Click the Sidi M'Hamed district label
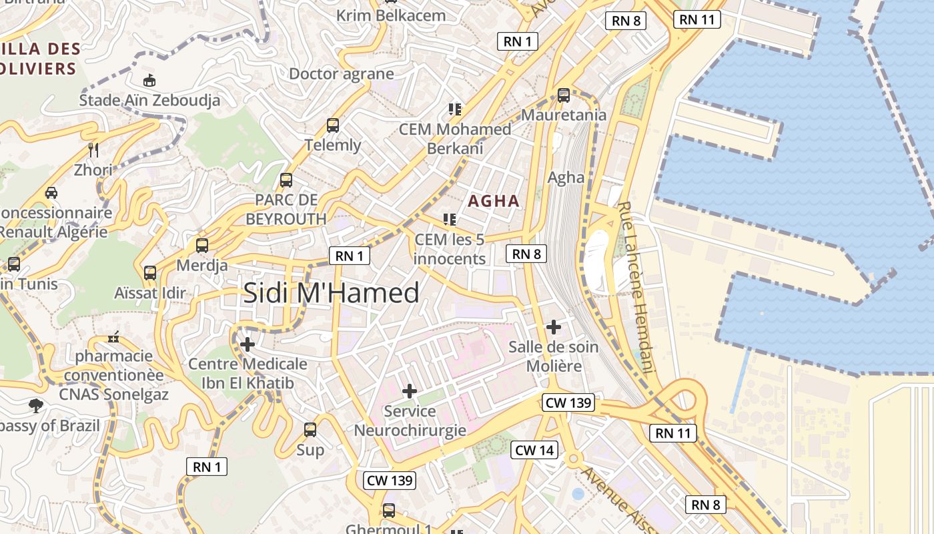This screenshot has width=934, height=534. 331,293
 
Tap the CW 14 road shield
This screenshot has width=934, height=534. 534,450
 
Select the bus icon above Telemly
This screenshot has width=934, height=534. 333,125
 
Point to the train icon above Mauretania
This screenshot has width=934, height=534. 564,95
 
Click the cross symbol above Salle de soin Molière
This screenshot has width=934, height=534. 553,327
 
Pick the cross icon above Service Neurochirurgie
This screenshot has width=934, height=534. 410,391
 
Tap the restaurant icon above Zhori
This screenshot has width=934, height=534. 93,150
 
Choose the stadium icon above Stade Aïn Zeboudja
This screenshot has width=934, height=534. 150,80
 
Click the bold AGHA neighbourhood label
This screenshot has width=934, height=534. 494,200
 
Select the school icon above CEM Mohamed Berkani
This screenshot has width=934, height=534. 455,109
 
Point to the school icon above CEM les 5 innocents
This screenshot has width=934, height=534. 450,219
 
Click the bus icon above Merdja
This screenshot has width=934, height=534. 202,245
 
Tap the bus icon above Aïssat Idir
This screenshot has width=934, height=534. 150,272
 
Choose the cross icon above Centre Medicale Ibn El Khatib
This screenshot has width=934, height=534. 248,344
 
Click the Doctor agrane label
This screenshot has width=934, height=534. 341,73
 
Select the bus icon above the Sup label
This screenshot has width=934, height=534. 310,429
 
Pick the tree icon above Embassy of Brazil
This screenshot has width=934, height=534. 35,405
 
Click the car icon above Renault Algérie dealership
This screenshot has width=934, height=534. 51,193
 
